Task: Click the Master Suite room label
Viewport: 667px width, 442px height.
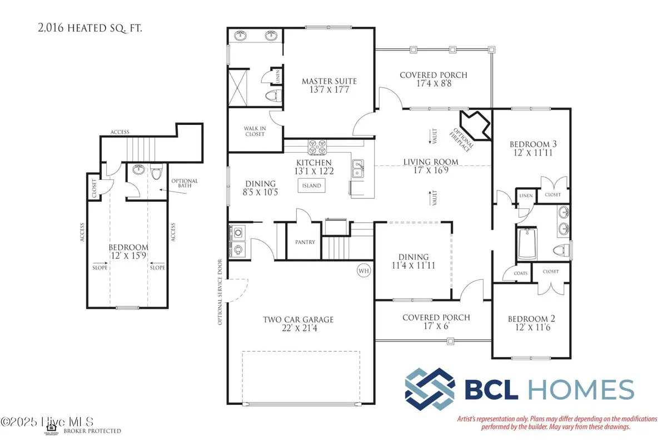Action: click(x=329, y=82)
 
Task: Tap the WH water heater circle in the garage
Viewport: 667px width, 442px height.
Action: click(x=364, y=271)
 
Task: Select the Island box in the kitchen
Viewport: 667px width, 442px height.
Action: click(x=311, y=185)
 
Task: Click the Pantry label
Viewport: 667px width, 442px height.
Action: click(x=305, y=242)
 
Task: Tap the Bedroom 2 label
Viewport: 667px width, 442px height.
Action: click(x=532, y=319)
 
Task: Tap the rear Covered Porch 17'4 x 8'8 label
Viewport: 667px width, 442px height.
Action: click(x=434, y=75)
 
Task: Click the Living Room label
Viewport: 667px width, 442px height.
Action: click(x=431, y=162)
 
